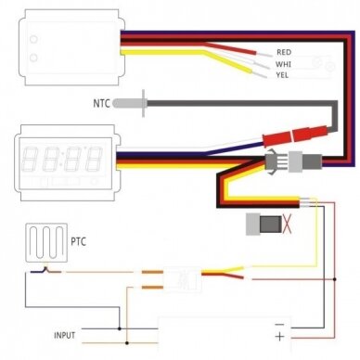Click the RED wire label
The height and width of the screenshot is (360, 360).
(x=284, y=52)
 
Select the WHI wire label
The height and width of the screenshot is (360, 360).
(x=283, y=64)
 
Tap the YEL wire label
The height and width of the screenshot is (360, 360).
(x=282, y=75)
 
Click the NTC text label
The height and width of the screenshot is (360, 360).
(x=101, y=103)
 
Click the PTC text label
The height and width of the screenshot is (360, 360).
(x=79, y=241)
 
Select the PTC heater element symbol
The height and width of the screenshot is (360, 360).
(x=46, y=243)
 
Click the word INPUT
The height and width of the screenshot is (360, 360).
(x=65, y=335)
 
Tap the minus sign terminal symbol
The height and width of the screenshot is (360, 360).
(x=279, y=325)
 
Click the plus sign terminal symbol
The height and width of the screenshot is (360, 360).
(x=279, y=337)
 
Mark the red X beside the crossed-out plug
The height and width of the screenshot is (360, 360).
(x=288, y=225)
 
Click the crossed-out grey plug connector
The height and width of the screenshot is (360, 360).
(x=264, y=224)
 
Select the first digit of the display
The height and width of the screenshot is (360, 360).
(x=30, y=159)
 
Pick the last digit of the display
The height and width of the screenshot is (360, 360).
(x=94, y=159)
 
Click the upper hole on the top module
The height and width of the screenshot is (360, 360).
(x=33, y=39)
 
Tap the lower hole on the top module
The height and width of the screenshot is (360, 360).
(x=33, y=58)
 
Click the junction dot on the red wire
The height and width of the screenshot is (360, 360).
(x=335, y=279)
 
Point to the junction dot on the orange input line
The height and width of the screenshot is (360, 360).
(x=127, y=342)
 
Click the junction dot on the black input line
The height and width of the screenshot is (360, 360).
(x=120, y=328)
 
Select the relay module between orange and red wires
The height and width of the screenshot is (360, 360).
(x=182, y=279)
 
